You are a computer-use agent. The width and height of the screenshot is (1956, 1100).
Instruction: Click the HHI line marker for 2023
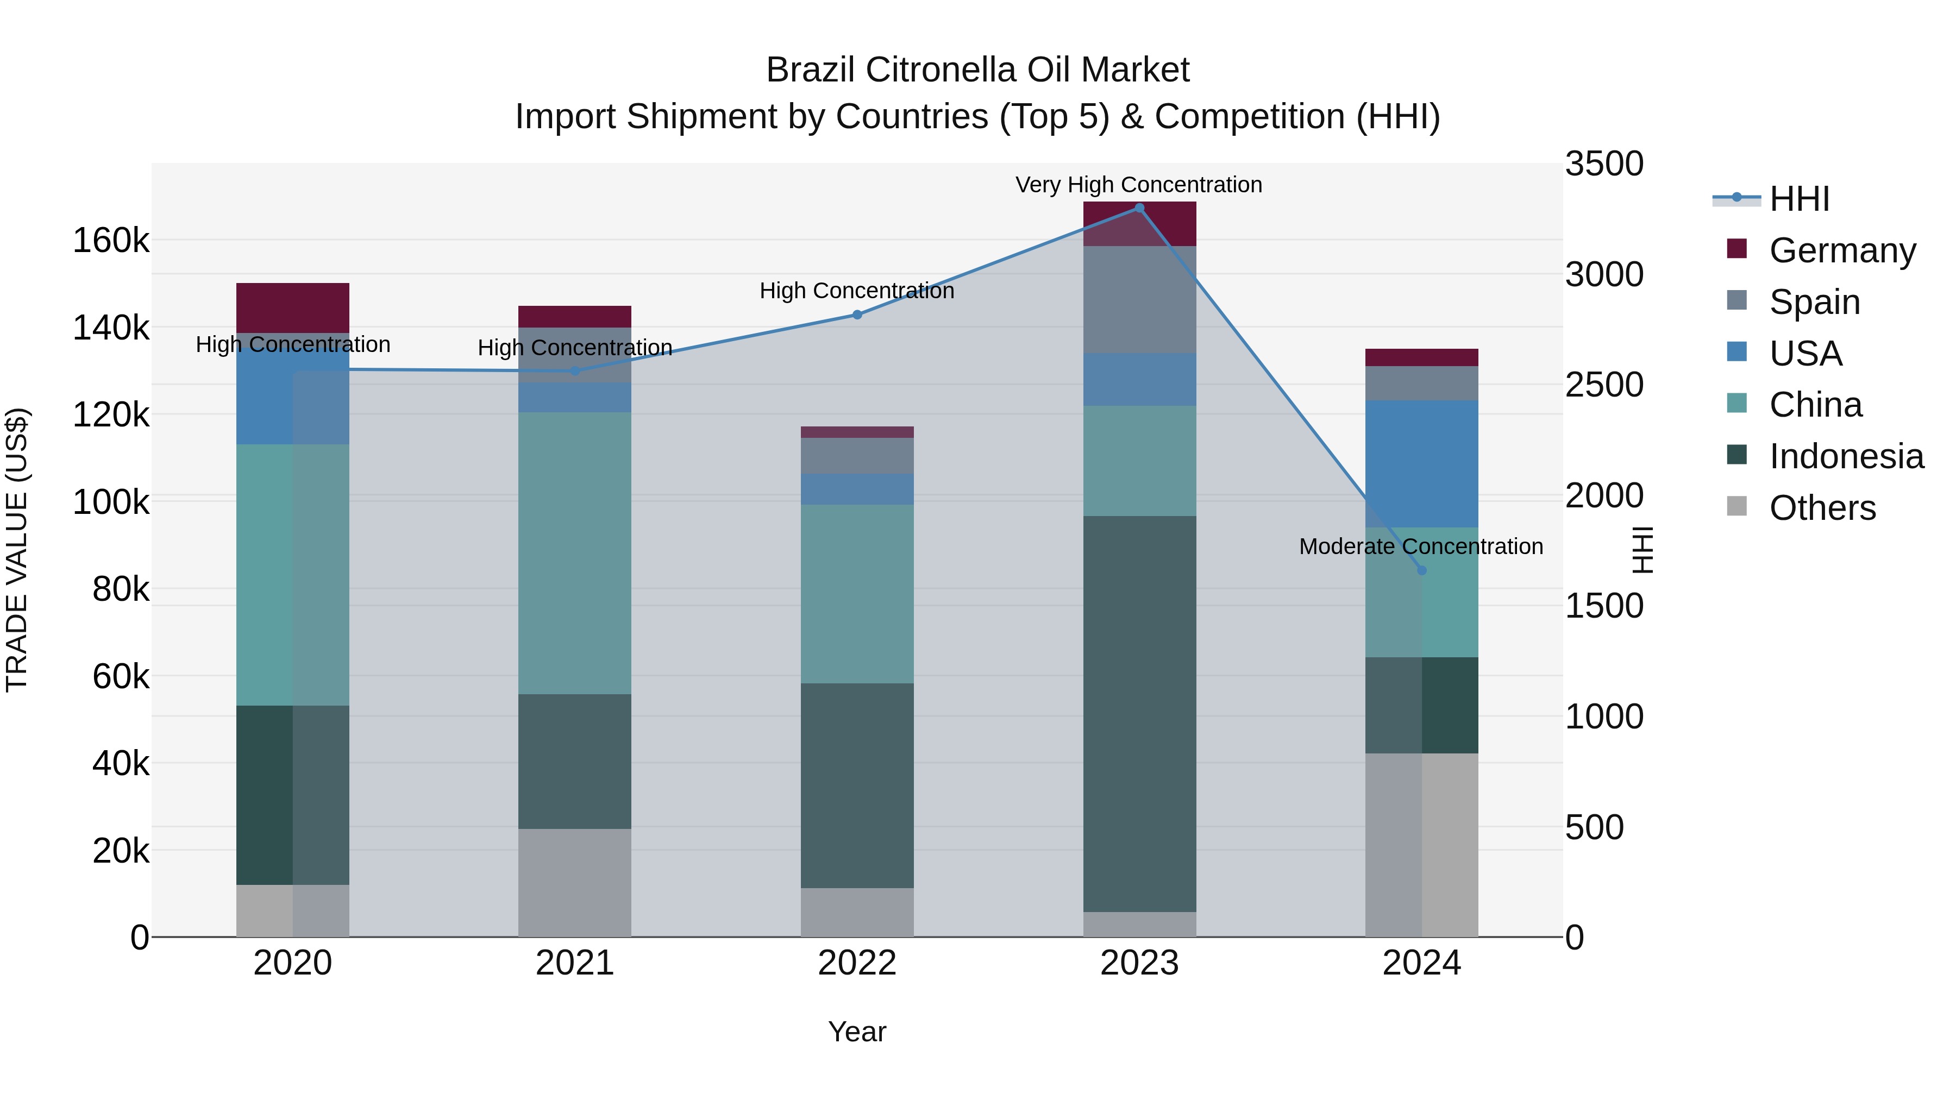click(1139, 208)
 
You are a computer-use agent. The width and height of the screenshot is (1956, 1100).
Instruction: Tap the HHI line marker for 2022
click(857, 315)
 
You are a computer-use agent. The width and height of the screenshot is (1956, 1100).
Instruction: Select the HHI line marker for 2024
click(1421, 570)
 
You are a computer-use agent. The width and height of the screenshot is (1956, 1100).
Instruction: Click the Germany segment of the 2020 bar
click(292, 307)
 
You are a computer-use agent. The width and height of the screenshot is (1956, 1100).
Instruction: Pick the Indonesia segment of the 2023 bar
click(1139, 714)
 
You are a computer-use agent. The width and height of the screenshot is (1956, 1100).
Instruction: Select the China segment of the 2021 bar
click(575, 552)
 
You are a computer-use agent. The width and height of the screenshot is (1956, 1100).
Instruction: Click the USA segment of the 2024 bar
click(1421, 463)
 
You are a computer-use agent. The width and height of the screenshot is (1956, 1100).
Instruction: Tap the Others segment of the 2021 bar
click(575, 882)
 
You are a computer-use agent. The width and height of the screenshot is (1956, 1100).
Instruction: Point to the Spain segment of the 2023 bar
click(1139, 299)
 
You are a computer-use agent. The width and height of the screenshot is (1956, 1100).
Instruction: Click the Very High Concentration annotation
click(1138, 185)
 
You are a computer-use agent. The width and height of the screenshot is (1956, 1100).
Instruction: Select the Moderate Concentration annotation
click(1421, 546)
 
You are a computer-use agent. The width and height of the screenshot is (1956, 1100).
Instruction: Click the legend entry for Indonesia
click(1845, 456)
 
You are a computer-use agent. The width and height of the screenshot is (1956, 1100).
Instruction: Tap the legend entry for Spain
click(1814, 301)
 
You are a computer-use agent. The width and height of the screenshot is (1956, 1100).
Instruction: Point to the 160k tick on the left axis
click(111, 241)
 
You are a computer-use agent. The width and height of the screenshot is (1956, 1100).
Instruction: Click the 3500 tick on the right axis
click(1604, 164)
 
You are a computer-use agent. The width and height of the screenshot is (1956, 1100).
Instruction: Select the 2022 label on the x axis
click(857, 963)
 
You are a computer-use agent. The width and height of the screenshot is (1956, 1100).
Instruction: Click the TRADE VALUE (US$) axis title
click(17, 550)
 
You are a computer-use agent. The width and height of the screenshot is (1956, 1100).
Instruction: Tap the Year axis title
click(857, 1032)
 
